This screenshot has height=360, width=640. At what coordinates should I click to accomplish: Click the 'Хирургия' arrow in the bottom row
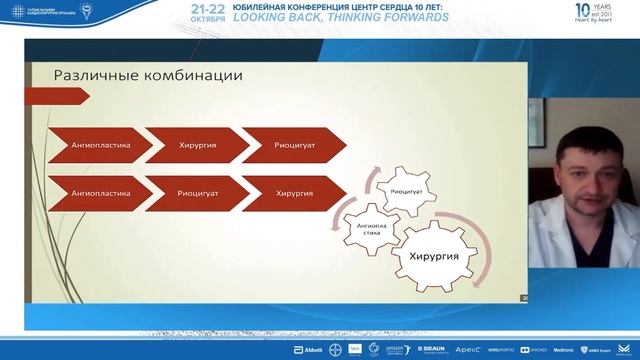[x=290, y=192]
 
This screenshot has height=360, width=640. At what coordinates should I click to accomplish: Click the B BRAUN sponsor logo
[x=431, y=350]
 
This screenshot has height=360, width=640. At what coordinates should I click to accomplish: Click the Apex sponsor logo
[x=468, y=350]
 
